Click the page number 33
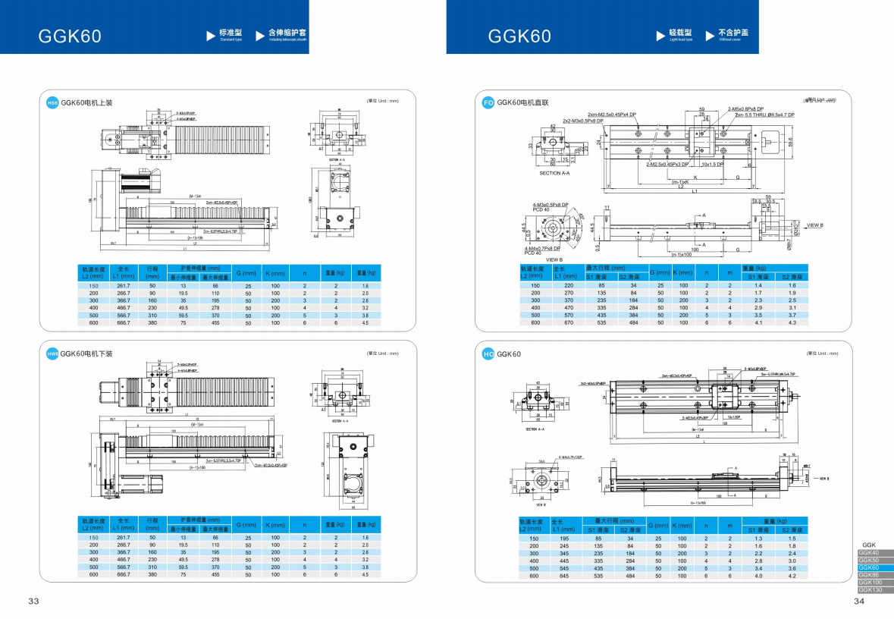click(x=33, y=602)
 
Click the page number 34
click(x=859, y=602)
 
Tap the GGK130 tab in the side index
click(x=871, y=589)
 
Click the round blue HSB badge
click(x=52, y=102)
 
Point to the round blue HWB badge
click(x=52, y=353)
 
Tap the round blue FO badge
click(x=488, y=102)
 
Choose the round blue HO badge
click(x=488, y=353)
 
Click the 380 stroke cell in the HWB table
click(x=152, y=575)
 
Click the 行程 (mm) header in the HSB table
click(x=152, y=272)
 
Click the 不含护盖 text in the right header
click(x=732, y=33)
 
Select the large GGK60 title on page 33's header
click(x=70, y=36)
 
